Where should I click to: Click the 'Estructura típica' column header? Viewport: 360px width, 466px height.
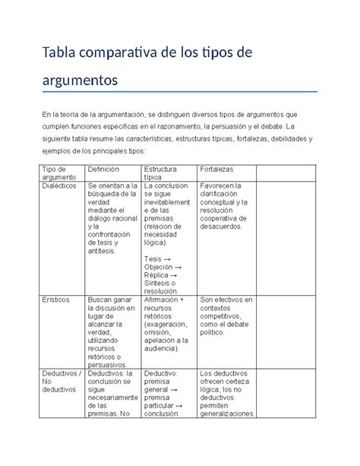(x=158, y=173)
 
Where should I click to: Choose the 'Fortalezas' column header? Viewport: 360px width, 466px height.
(x=216, y=169)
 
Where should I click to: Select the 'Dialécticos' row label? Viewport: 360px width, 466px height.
(x=60, y=185)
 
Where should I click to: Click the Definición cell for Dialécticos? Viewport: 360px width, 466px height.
(x=112, y=217)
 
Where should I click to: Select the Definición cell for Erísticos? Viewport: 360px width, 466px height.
(x=112, y=331)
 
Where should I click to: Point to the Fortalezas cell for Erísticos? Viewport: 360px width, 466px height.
(x=225, y=315)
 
